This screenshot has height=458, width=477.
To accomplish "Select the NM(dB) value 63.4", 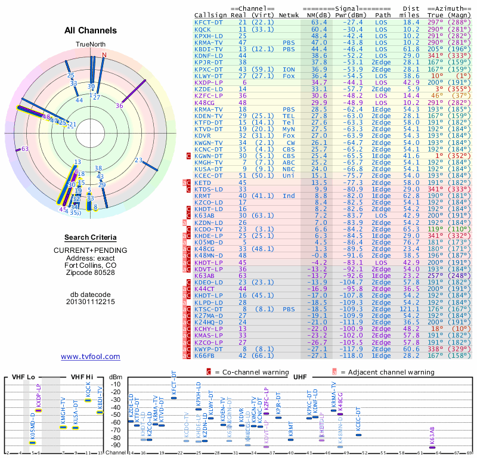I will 318,22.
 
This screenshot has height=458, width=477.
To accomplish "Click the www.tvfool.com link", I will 90,357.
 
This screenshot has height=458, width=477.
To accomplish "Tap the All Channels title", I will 91,31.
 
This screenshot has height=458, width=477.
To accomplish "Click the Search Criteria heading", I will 90,237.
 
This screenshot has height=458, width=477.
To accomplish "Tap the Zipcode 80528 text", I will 90,273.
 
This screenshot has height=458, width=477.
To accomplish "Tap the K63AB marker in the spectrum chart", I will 432,447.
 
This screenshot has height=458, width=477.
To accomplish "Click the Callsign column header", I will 210,14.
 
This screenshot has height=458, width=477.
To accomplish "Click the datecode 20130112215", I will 90,302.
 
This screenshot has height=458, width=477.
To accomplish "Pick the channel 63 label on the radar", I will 24,149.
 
